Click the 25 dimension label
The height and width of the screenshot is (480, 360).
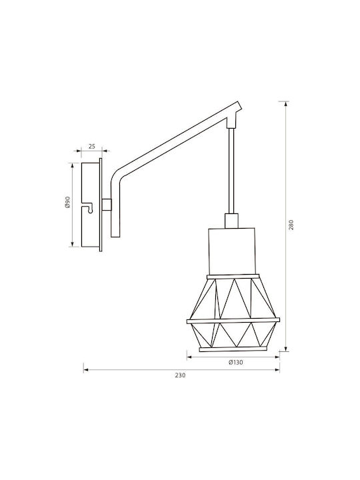[91, 146]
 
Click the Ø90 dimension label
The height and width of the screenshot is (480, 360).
[67, 202]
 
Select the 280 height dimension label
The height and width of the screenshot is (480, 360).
[291, 225]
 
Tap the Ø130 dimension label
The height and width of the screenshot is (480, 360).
[236, 363]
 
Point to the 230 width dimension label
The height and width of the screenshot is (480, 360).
[180, 375]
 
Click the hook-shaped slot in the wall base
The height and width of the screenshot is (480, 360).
[89, 207]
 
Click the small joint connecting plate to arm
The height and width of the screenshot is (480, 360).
[107, 205]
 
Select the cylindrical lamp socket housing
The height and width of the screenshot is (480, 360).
[231, 251]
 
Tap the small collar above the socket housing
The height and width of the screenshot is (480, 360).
[231, 221]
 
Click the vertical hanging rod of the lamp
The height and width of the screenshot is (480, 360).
[231, 171]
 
